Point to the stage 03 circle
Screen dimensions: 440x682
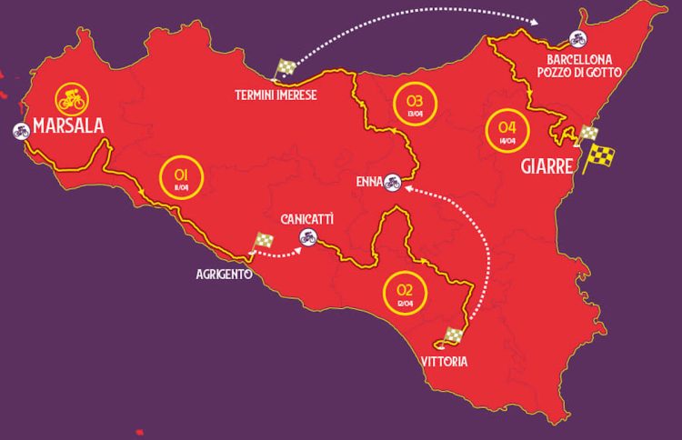point(415,103)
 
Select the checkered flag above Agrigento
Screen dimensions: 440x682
point(263,241)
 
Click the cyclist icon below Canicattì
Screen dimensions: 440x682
point(308,238)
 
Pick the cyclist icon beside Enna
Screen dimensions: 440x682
point(393,182)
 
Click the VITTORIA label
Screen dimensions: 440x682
point(445,362)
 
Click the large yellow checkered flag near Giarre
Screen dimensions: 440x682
point(598,156)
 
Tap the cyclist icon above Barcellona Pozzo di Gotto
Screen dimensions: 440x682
point(577,38)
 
